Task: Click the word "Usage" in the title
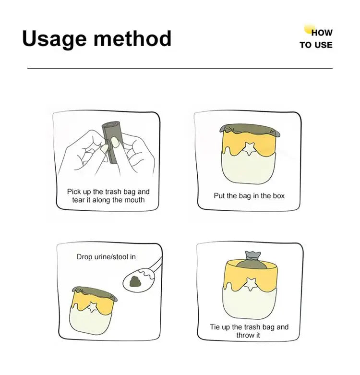[x=54, y=39]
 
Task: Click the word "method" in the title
[x=132, y=38]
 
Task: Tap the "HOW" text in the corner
[x=322, y=33]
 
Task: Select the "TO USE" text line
[x=316, y=45]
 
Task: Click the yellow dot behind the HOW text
[x=309, y=29]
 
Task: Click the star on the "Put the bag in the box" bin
[x=249, y=148]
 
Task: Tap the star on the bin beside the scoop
[x=92, y=307]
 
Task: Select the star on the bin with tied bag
[x=251, y=284]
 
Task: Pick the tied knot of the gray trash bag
[x=252, y=256]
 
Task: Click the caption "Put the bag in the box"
[x=249, y=196]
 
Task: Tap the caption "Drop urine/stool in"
[x=106, y=257]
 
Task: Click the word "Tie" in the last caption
[x=215, y=327]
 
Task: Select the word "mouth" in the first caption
[x=134, y=200]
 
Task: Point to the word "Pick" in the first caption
[x=72, y=192]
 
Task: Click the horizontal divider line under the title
[x=180, y=69]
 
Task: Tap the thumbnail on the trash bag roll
[x=116, y=142]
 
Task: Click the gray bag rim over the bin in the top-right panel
[x=250, y=129]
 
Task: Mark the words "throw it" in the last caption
[x=248, y=335]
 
